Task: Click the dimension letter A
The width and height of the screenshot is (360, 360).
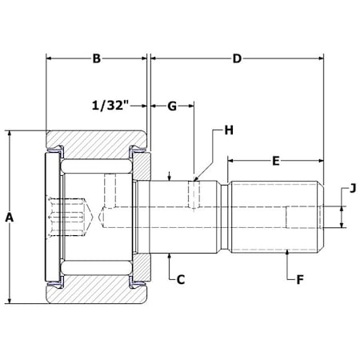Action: (x=10, y=218)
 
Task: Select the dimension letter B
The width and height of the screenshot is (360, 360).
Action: (x=97, y=58)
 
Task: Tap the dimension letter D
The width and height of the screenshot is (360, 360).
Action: (x=237, y=58)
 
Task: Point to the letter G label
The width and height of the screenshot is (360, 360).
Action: (x=172, y=106)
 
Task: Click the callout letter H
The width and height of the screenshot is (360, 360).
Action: (x=229, y=130)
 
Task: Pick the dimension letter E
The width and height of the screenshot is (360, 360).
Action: (x=276, y=161)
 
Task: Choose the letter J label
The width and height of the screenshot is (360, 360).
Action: (x=353, y=188)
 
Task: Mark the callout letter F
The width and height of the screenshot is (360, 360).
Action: (x=300, y=280)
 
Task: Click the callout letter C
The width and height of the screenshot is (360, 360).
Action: (x=181, y=280)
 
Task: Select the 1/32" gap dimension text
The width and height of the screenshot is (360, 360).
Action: (x=110, y=106)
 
